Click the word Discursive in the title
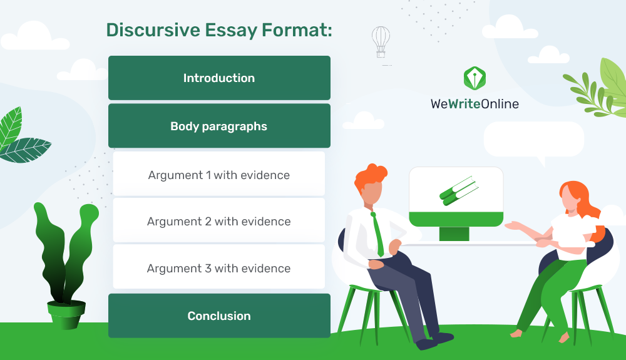tap(153, 30)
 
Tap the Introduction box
tap(219, 78)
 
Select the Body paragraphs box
tap(219, 126)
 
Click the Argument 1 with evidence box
tap(218, 174)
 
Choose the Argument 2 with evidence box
tap(218, 220)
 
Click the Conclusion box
tap(219, 316)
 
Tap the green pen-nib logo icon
tap(475, 78)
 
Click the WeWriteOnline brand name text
tap(475, 104)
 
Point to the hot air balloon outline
tap(381, 42)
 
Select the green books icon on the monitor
tap(459, 191)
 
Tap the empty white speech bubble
tap(534, 140)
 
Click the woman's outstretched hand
tap(514, 226)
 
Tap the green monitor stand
tap(454, 234)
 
